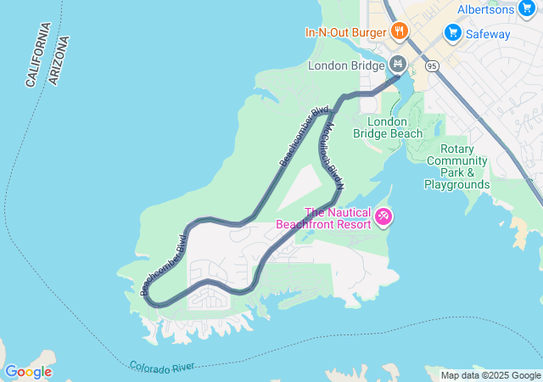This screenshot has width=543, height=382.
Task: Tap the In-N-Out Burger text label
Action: pos(346,33)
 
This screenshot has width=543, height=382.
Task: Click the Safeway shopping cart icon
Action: pos(452,34)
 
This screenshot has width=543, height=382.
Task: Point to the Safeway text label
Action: pos(488,34)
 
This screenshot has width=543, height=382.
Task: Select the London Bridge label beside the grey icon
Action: pos(346,65)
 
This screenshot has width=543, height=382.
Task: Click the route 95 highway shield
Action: pos(433,65)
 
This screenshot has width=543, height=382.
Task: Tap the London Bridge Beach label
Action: pos(394,127)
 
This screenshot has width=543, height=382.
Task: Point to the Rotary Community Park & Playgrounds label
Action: pos(457,166)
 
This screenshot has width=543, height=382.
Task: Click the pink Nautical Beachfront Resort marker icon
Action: pos(384,218)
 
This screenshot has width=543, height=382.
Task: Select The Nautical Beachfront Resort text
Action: pos(324,218)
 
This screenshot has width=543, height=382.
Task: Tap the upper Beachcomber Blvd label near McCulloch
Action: pos(303,136)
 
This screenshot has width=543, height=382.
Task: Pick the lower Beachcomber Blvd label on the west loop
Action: pos(163,264)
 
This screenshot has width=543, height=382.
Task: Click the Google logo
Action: pos(28,372)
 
